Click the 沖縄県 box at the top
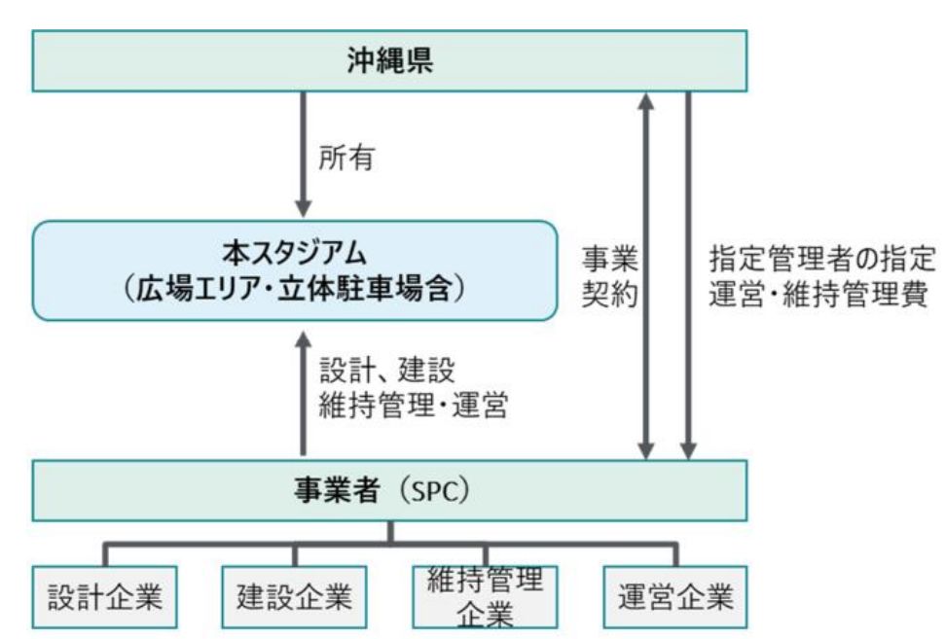tap(389, 60)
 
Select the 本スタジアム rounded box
tap(295, 270)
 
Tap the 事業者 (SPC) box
tap(389, 490)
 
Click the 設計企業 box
tap(105, 595)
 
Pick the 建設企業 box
tap(294, 595)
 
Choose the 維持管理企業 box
tap(484, 595)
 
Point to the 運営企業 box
tap(674, 595)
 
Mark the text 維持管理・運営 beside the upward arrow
tap(414, 405)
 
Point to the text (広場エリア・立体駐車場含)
tap(296, 289)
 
